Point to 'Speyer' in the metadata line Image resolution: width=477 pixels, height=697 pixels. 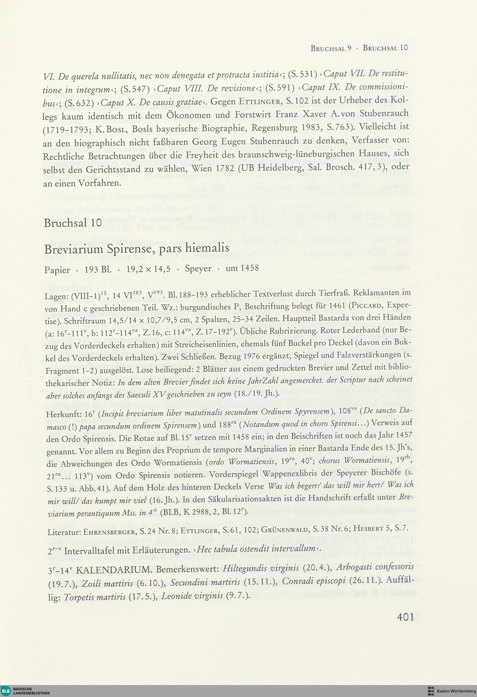pyautogui.click(x=198, y=268)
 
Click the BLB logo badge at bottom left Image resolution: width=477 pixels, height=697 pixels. pyautogui.click(x=6, y=690)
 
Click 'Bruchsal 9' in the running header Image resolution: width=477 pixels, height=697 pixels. pyautogui.click(x=331, y=48)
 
